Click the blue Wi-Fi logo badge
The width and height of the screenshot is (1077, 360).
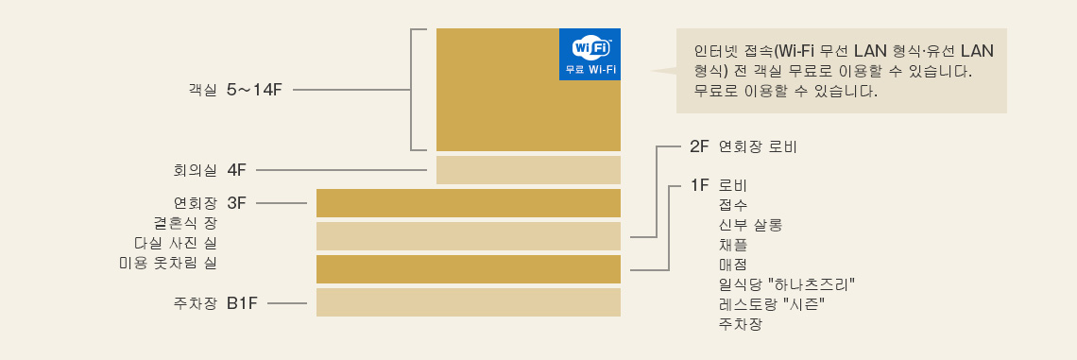point(590,55)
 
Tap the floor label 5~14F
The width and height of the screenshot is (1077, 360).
point(254,90)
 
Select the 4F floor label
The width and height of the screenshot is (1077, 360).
point(236,170)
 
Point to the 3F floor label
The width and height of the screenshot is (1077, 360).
point(236,202)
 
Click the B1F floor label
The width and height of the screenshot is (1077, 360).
point(242,303)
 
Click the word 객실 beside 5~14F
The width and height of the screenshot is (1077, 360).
point(202,90)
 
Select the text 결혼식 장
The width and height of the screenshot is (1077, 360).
point(185,223)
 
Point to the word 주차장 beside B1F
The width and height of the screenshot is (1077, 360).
point(196,303)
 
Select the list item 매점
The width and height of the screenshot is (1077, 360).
point(733,264)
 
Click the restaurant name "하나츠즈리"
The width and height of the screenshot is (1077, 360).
point(812,283)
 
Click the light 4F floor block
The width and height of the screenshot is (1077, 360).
point(528,170)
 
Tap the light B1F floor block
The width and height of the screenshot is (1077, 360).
point(468,302)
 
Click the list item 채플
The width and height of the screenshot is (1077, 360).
point(733,244)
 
